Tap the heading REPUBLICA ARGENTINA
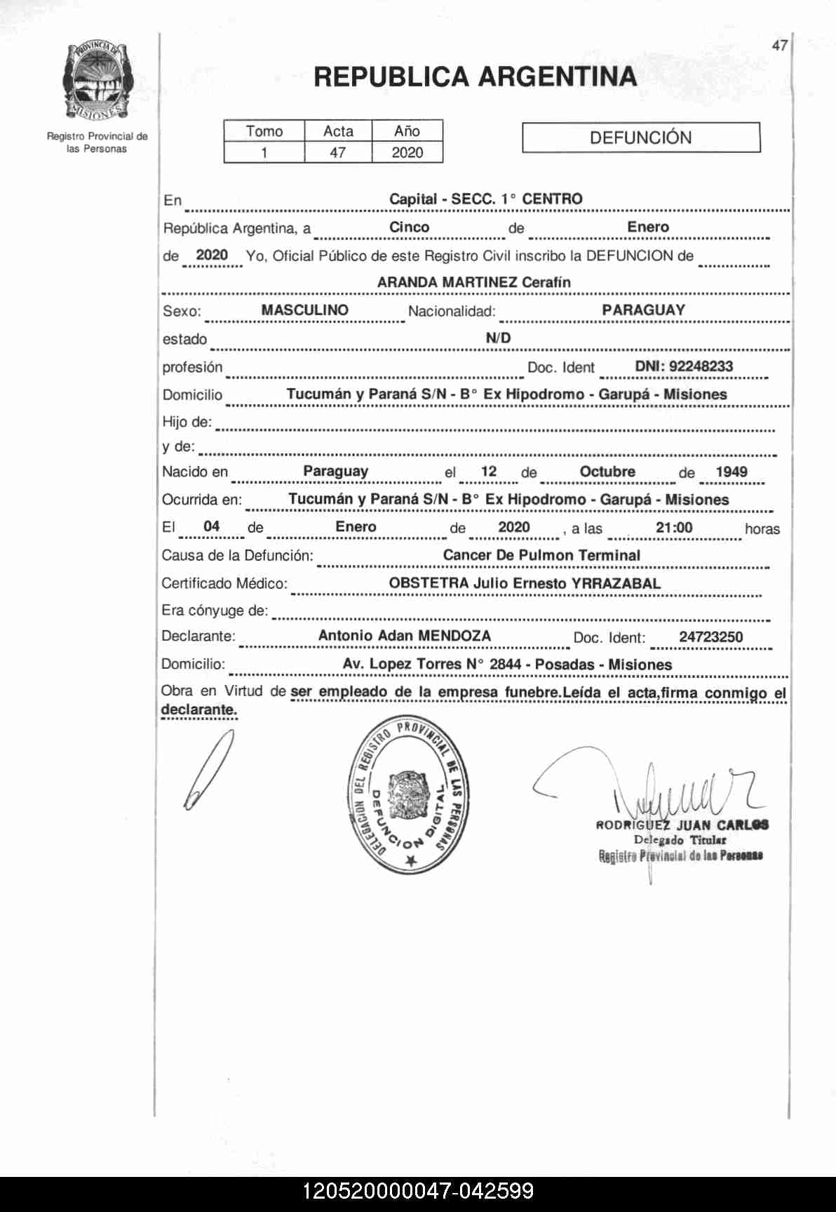475,76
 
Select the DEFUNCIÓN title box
640,138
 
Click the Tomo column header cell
264,131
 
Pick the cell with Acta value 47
338,152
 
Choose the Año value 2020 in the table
407,152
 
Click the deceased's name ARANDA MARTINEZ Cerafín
473,282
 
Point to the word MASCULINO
304,310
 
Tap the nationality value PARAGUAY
643,310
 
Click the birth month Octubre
607,472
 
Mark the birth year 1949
731,472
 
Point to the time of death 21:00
674,528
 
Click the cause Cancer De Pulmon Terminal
541,555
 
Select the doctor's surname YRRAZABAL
616,583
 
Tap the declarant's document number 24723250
710,637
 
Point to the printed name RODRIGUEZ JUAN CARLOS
682,825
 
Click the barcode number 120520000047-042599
418,1191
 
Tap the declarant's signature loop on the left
208,769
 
